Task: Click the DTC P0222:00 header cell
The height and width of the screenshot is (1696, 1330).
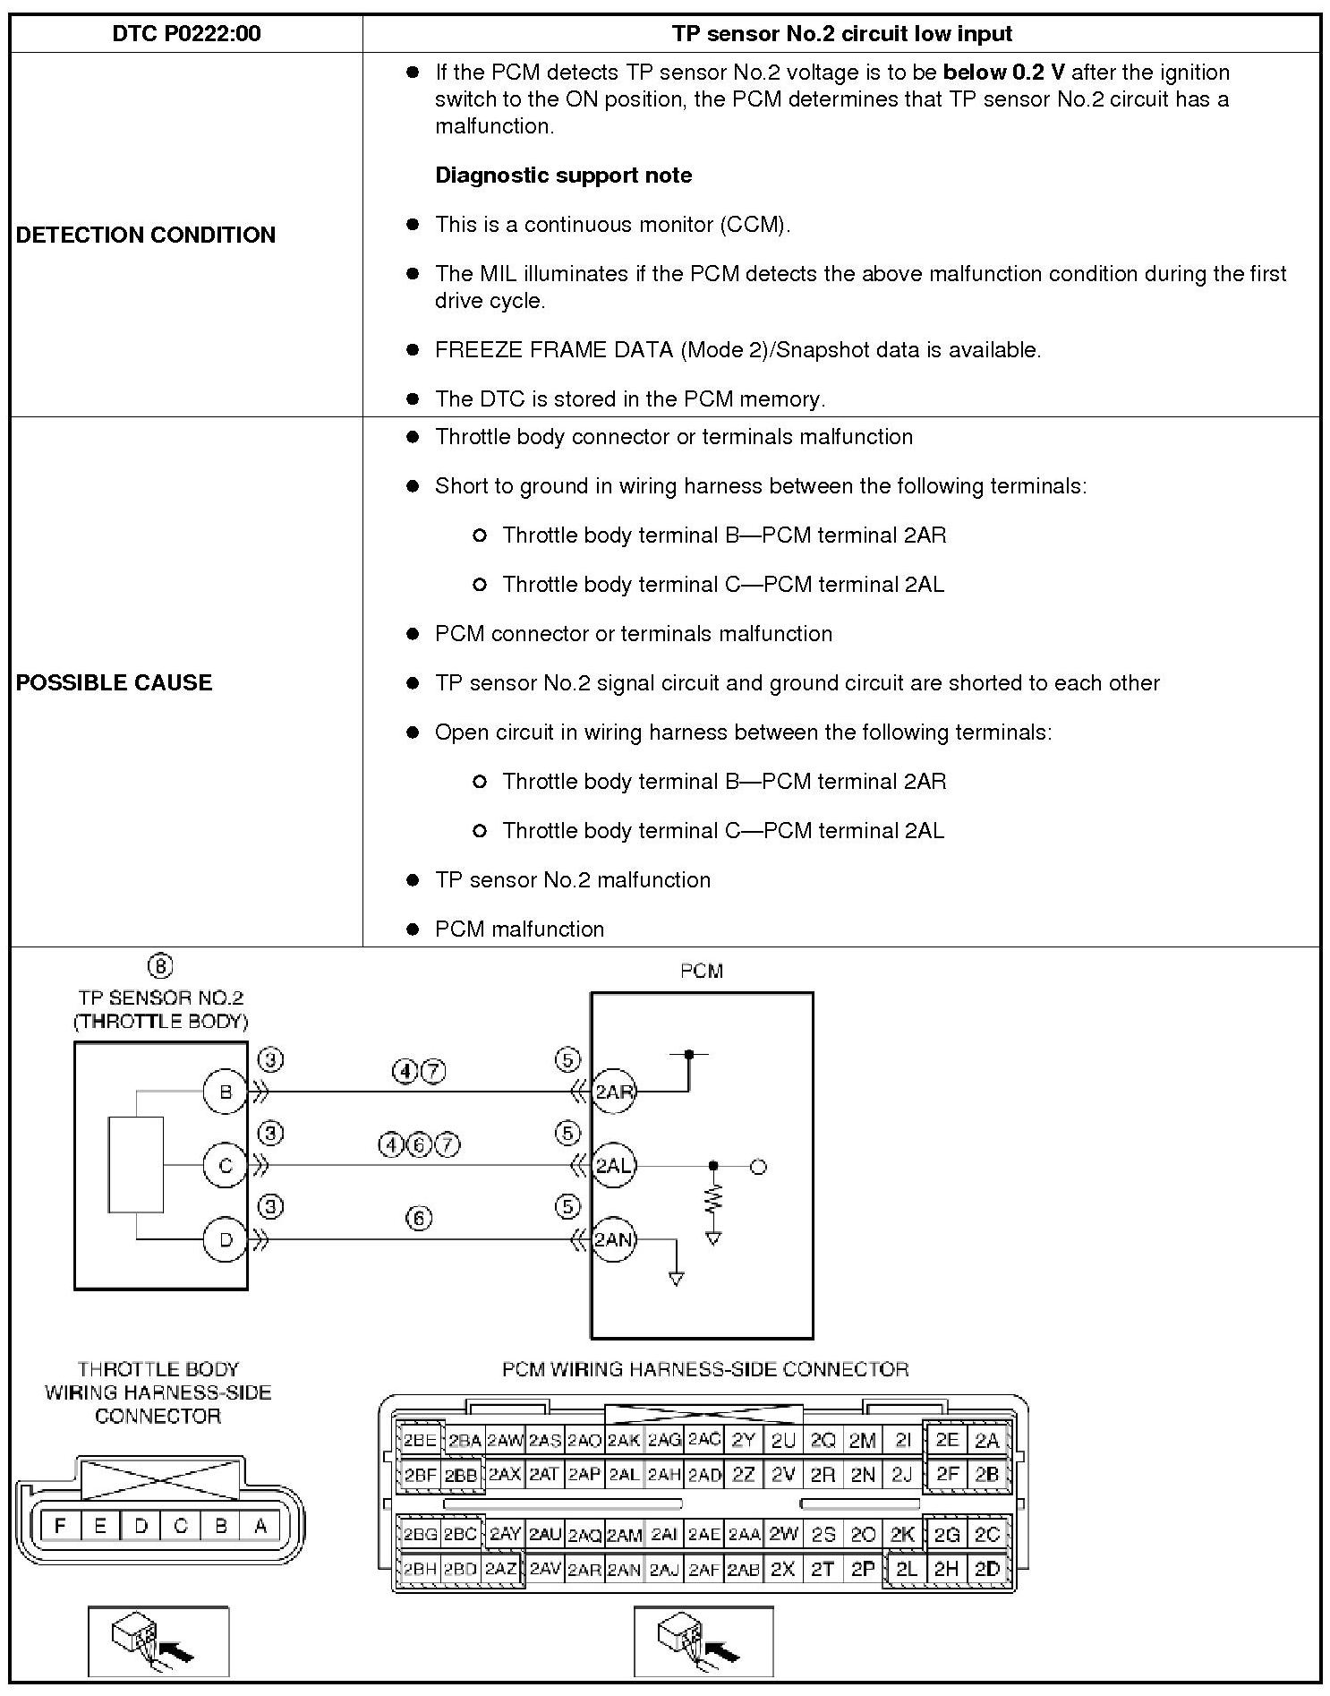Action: tap(186, 34)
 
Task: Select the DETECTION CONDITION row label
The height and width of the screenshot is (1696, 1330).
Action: tap(146, 235)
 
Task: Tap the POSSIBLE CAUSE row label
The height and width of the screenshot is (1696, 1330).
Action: tap(115, 682)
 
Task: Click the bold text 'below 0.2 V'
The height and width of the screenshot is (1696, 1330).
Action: tap(1003, 73)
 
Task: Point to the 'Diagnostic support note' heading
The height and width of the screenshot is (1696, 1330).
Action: tap(563, 176)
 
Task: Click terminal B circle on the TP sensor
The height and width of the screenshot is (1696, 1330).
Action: tap(225, 1092)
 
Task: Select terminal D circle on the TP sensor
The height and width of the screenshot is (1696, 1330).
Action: tap(225, 1239)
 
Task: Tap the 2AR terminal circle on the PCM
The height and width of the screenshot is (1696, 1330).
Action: tap(614, 1092)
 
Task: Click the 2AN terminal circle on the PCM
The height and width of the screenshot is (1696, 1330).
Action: tap(614, 1239)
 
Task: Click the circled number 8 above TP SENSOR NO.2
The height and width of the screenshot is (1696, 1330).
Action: tap(159, 966)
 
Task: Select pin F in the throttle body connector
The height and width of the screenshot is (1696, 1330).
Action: tap(60, 1526)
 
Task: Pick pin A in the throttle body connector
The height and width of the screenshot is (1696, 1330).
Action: tap(260, 1526)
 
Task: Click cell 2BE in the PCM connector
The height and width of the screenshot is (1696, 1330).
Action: tap(419, 1441)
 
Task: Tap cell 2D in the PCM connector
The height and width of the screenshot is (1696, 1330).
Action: tap(986, 1569)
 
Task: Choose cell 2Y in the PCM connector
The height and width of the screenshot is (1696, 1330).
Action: tap(743, 1441)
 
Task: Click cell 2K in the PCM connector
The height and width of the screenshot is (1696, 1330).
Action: tap(902, 1534)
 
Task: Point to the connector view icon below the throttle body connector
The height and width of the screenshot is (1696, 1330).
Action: tap(158, 1641)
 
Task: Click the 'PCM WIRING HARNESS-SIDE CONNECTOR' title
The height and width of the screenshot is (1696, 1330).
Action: tap(705, 1369)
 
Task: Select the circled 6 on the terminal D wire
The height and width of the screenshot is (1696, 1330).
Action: tap(418, 1218)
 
